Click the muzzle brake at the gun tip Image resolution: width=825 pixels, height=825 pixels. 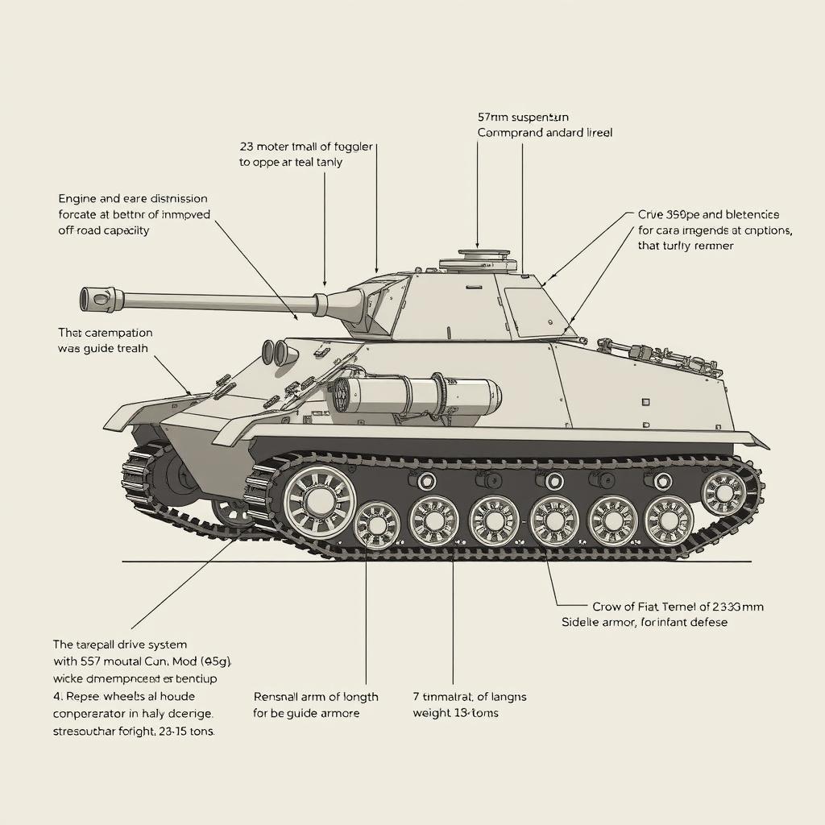(97, 299)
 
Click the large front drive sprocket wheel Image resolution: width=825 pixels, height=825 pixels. (318, 500)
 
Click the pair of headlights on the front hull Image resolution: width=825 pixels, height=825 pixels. (275, 352)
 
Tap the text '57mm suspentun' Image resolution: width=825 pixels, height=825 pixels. (523, 117)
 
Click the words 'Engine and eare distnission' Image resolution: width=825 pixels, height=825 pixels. (133, 198)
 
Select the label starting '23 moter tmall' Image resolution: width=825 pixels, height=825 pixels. (306, 147)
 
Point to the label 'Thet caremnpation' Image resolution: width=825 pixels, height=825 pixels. (105, 332)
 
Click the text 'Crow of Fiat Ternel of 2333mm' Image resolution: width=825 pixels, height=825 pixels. (678, 607)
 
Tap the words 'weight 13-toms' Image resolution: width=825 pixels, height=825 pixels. (455, 713)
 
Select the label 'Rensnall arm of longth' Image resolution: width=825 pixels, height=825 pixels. (315, 696)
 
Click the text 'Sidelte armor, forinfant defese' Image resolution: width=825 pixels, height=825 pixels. (644, 623)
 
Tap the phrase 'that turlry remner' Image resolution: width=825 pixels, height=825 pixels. (685, 246)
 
